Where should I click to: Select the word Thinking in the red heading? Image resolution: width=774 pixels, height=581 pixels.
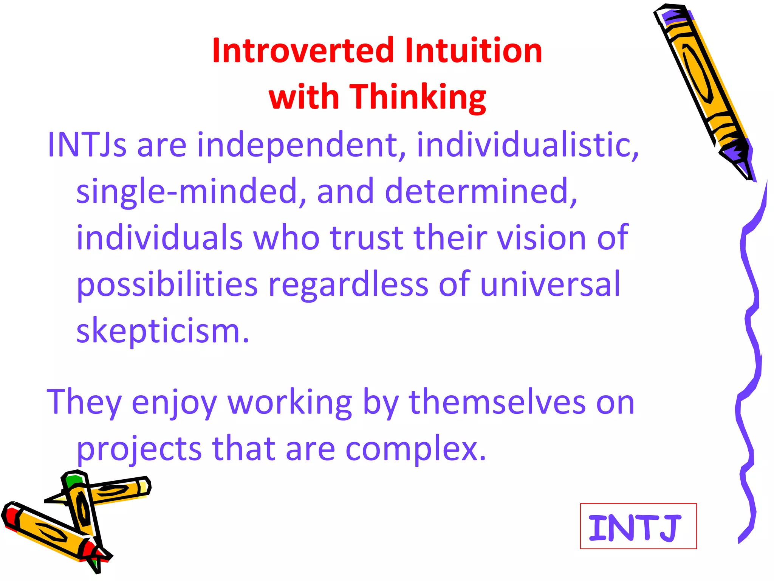(418, 98)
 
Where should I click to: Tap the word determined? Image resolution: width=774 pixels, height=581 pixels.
(480, 191)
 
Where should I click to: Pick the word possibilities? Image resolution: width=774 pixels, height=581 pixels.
(167, 286)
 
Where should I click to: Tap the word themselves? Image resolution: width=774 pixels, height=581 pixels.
(497, 402)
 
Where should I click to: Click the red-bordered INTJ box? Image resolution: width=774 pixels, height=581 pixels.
(638, 526)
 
